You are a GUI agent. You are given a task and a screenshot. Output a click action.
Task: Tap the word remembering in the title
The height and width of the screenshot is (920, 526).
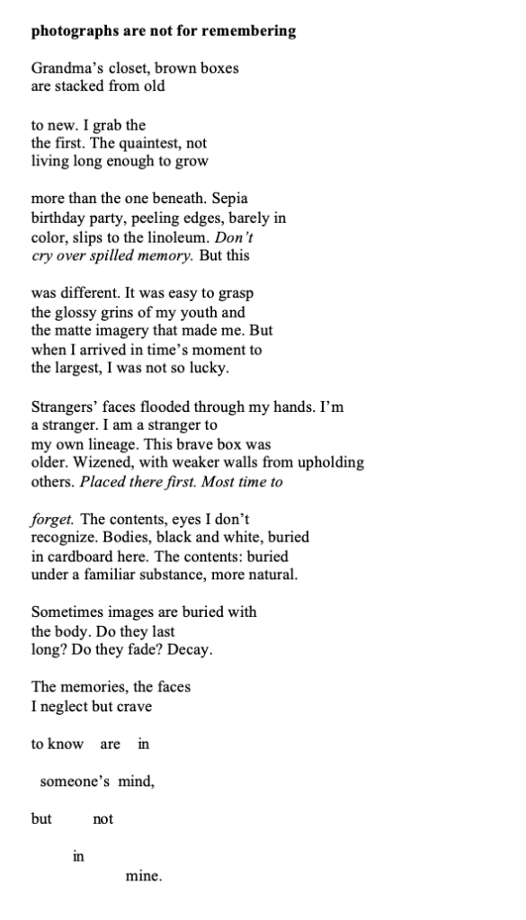(x=245, y=31)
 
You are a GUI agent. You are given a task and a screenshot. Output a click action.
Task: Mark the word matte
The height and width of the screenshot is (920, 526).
(x=76, y=331)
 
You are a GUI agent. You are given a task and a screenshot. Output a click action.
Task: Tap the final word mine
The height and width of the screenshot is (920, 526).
(x=143, y=876)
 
